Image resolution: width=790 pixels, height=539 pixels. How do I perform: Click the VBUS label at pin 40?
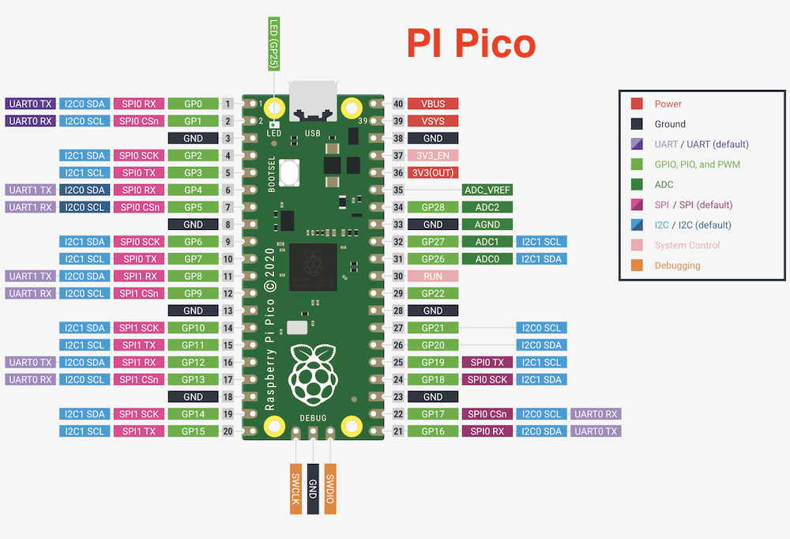tap(433, 104)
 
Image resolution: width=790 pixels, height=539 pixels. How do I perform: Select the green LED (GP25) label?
tap(274, 44)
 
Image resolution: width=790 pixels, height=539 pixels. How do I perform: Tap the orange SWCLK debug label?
tap(295, 488)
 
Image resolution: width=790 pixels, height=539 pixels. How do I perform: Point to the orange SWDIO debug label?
tap(330, 488)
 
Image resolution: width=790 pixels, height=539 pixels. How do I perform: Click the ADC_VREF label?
tap(487, 190)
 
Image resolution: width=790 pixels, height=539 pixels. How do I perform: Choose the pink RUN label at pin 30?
tap(433, 277)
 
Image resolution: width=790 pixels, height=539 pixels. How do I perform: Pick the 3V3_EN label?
tap(433, 156)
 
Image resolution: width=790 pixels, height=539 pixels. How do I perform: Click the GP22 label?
tap(433, 293)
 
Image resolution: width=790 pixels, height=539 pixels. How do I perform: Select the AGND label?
tap(487, 224)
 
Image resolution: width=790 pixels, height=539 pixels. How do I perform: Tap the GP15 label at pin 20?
tap(193, 432)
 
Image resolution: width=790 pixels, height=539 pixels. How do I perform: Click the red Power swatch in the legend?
tap(637, 104)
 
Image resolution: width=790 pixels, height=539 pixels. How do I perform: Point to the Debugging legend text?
tap(677, 266)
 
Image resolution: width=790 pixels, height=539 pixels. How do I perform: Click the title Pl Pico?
tap(471, 43)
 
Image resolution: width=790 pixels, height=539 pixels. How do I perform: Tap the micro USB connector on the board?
tap(313, 101)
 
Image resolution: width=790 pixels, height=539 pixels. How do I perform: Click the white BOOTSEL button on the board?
tap(289, 172)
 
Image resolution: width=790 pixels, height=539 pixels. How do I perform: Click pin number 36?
tap(398, 173)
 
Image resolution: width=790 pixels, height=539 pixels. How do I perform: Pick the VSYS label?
tap(433, 121)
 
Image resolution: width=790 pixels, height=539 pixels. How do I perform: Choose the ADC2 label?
tap(487, 207)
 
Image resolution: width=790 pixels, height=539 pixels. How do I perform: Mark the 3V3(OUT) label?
tap(433, 173)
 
